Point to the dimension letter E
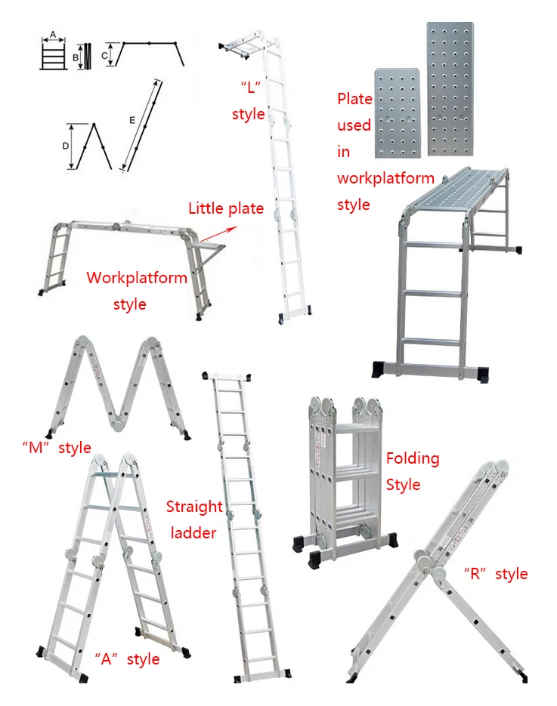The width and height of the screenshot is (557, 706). tap(133, 119)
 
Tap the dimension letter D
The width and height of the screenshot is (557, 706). tap(67, 146)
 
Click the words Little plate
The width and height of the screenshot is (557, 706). tap(226, 208)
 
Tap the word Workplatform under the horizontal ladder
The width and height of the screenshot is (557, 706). tap(137, 277)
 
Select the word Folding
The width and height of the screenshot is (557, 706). tap(412, 458)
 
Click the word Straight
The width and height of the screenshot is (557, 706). tap(194, 507)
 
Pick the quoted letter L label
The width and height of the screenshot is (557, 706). tap(249, 87)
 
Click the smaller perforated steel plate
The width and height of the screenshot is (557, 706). tap(394, 111)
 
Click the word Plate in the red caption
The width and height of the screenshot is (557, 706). tap(354, 99)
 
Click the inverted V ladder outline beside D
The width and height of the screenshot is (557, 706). tap(96, 146)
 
